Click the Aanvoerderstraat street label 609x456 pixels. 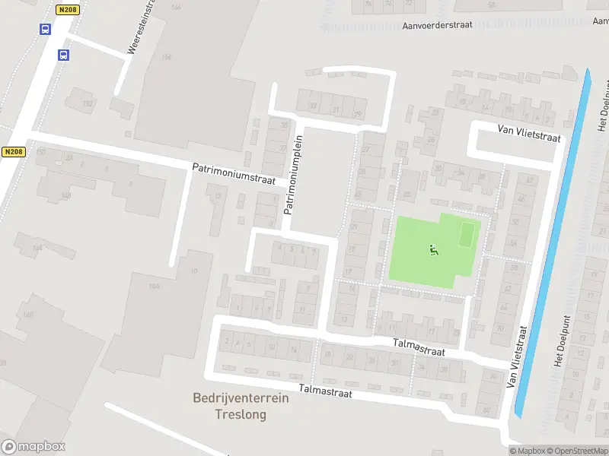coord(437,24)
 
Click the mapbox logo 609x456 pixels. coord(33,447)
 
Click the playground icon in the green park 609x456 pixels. coord(434,249)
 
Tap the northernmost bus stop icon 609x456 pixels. coord(45,30)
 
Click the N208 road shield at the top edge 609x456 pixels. coord(66,10)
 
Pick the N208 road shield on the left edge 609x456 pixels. coord(13,152)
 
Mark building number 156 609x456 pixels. coord(167,57)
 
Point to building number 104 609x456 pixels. coord(155,286)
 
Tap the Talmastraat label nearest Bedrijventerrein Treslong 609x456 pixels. coord(326,389)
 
